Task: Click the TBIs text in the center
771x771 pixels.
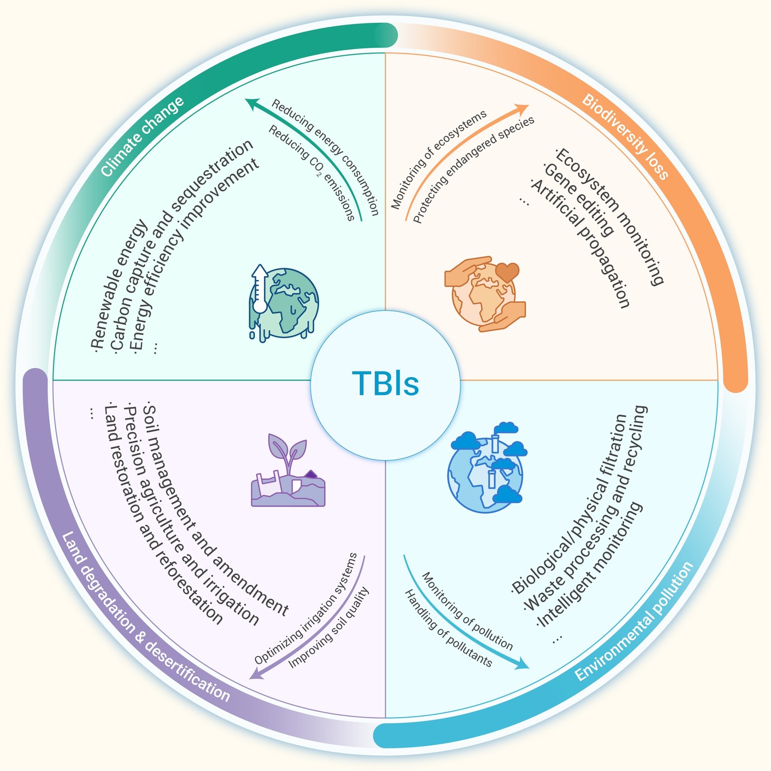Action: pyautogui.click(x=385, y=383)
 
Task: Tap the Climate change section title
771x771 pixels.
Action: pyautogui.click(x=142, y=136)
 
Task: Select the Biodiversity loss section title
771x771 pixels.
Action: pyautogui.click(x=625, y=137)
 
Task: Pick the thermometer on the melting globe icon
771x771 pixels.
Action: pyautogui.click(x=260, y=288)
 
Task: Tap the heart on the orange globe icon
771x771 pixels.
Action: pyautogui.click(x=507, y=272)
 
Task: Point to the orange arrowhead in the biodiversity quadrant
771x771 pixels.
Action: pyautogui.click(x=521, y=109)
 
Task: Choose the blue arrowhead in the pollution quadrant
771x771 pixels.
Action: pyautogui.click(x=522, y=664)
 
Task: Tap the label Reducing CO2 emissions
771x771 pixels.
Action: pyautogui.click(x=311, y=173)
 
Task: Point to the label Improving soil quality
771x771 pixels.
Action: pyautogui.click(x=329, y=628)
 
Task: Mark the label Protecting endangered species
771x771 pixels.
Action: pyautogui.click(x=474, y=170)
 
